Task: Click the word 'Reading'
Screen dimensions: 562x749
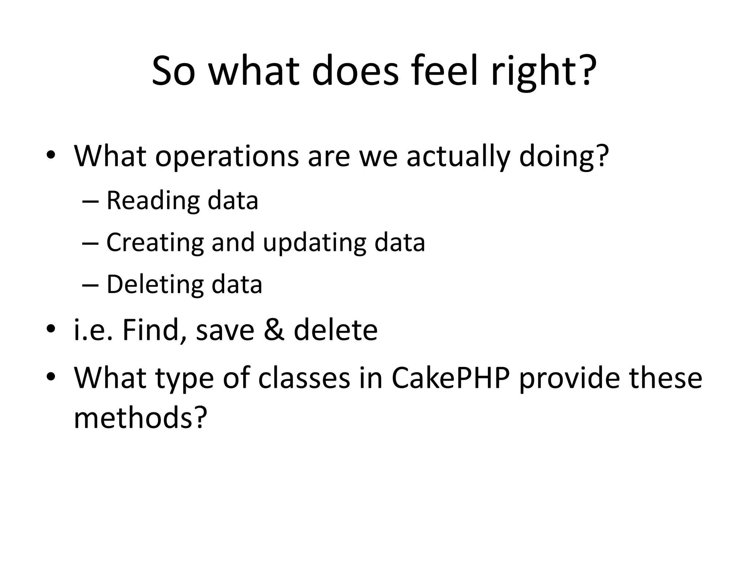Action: tap(153, 201)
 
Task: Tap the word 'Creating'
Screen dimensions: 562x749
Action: tap(155, 243)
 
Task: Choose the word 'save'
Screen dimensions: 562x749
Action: tap(225, 330)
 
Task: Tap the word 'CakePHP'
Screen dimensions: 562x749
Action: tap(451, 378)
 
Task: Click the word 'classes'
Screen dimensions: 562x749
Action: tap(304, 378)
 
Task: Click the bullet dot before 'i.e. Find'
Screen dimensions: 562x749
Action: tap(50, 329)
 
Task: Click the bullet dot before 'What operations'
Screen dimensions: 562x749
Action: tap(50, 155)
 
